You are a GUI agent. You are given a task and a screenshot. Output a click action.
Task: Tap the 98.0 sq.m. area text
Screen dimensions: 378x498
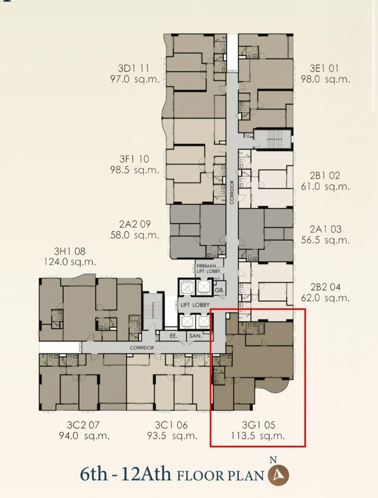click(325, 79)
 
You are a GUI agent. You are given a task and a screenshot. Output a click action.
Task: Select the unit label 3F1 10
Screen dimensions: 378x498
click(134, 159)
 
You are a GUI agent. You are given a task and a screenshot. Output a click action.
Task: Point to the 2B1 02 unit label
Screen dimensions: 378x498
click(325, 176)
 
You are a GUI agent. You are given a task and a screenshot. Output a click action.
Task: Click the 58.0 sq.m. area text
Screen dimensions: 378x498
click(135, 235)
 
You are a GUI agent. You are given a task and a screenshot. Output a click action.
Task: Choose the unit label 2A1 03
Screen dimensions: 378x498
click(326, 229)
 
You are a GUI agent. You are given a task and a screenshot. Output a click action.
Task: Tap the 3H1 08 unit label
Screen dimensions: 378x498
click(70, 251)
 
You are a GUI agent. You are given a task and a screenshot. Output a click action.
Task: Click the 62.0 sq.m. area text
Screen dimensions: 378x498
click(325, 298)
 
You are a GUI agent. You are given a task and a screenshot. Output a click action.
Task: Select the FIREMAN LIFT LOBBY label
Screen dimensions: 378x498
click(208, 269)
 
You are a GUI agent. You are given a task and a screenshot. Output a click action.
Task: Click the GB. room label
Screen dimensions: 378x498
click(219, 290)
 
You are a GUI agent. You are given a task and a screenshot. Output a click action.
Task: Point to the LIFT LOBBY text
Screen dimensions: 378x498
click(195, 305)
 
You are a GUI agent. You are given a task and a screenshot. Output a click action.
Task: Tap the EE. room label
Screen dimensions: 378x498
click(174, 336)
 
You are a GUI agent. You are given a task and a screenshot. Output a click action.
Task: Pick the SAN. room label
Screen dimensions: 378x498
click(196, 336)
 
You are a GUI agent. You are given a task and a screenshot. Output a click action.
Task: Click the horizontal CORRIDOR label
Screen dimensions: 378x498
click(142, 348)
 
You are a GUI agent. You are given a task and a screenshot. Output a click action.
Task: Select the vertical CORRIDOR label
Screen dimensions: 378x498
click(232, 192)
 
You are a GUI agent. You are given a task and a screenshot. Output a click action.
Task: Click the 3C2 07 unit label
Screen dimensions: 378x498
click(83, 425)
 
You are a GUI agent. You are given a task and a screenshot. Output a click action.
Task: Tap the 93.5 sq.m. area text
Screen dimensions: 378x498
click(172, 436)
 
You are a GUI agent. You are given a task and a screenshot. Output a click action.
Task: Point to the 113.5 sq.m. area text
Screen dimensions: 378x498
click(258, 436)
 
